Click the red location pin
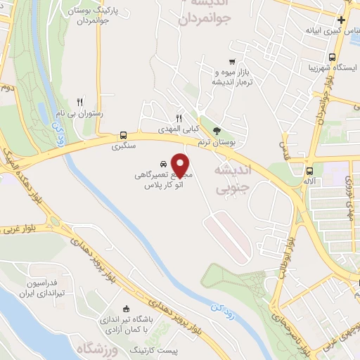tap(181, 165)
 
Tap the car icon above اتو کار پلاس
tap(164, 160)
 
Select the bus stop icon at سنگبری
tap(124, 135)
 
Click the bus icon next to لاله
tap(309, 171)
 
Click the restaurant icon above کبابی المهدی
tap(179, 118)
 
